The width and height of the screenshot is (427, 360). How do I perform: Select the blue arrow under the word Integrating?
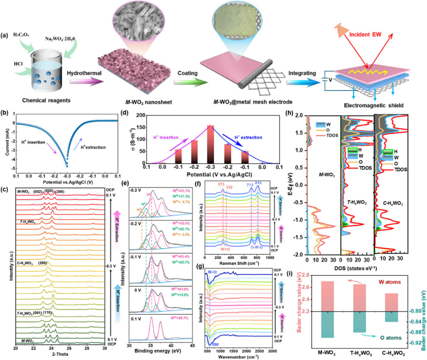[300, 83]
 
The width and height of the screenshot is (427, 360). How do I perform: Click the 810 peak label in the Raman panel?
[258, 183]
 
